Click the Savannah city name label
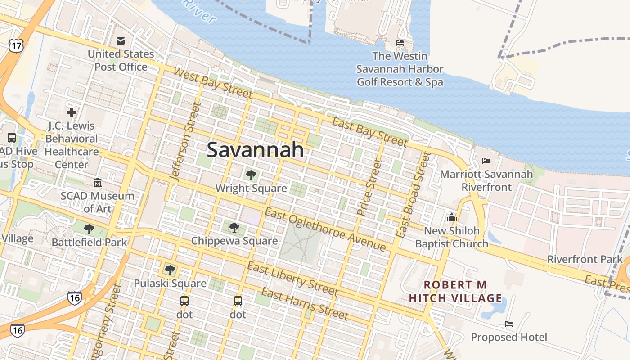coord(255,150)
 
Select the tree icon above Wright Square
coord(251,175)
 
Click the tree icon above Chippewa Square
coord(234,227)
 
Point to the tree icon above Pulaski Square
coord(170,270)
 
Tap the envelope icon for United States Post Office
coord(121,41)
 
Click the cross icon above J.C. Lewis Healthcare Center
coord(72,112)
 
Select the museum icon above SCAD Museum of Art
coord(97,182)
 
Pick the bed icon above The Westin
coord(400,43)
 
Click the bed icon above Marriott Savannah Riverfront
coord(486,161)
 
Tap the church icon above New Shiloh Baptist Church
coord(451,217)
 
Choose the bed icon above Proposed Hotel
coord(508,324)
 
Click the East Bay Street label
coord(369,132)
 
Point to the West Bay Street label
coord(212,83)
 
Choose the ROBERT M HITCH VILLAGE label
coord(455,292)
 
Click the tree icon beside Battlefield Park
coord(89,229)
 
